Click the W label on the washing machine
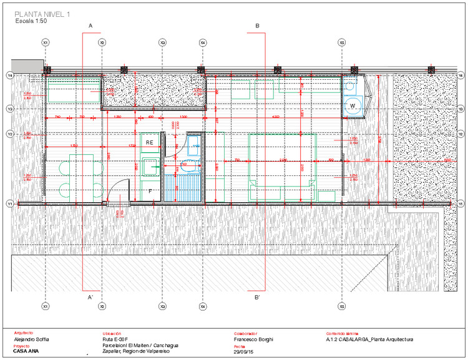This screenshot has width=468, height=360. pyautogui.click(x=353, y=106)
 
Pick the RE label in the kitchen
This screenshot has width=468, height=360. pyautogui.click(x=150, y=143)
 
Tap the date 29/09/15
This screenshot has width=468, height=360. pyautogui.click(x=243, y=353)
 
